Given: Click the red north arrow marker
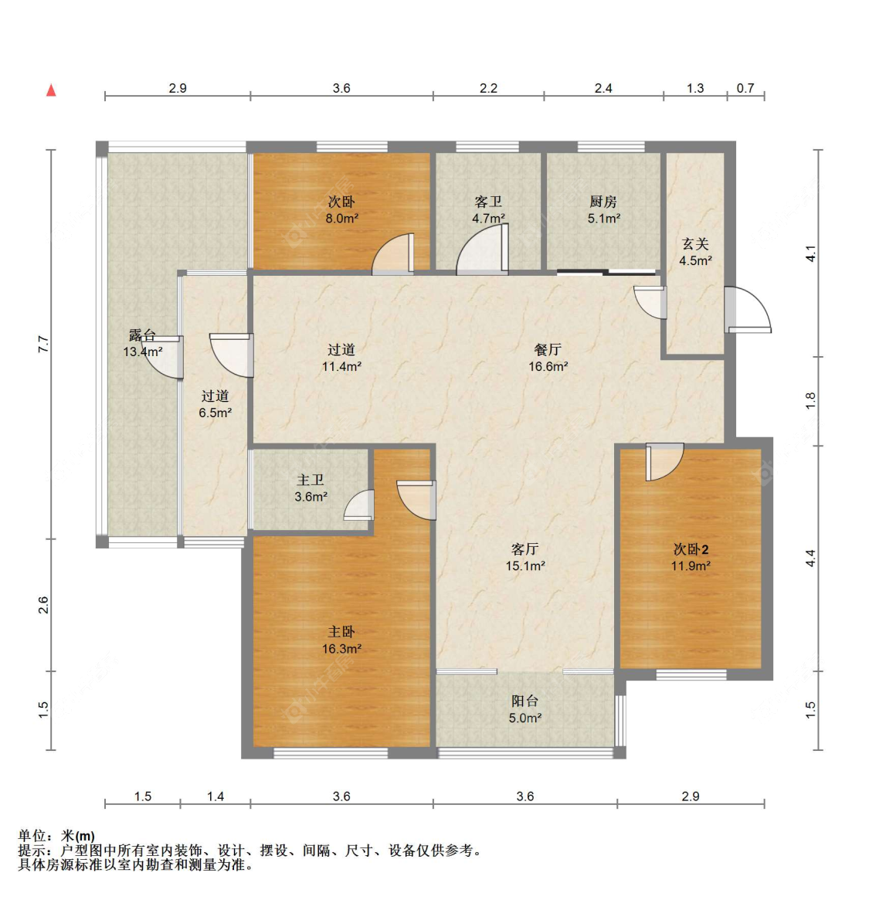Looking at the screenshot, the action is tap(51, 90).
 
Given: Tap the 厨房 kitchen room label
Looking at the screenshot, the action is tap(603, 209).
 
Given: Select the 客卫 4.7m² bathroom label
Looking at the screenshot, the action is tap(488, 209).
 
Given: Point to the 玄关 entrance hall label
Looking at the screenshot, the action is tap(696, 252).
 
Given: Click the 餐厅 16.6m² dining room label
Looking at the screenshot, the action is tap(548, 358).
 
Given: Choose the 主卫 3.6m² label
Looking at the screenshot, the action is tap(311, 488).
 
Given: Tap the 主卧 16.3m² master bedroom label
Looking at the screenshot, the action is tap(341, 640).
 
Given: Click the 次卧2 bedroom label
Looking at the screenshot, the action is tap(691, 557).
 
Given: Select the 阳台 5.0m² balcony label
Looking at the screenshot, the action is tap(525, 709).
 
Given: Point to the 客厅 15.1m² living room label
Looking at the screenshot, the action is tap(524, 557).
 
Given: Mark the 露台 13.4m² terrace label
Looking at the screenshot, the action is tap(142, 343).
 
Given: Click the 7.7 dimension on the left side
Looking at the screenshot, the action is tap(43, 344).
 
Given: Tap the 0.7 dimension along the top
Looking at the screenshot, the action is tap(745, 88).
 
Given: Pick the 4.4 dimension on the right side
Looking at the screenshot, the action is tap(810, 559).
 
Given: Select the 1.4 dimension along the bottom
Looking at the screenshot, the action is tap(216, 796).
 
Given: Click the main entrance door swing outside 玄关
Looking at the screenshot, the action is tap(747, 309).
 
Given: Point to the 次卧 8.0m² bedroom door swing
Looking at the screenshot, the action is tap(393, 253).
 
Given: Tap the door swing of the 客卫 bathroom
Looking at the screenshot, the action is tap(482, 249).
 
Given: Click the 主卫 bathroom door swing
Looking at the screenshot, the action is tap(359, 505).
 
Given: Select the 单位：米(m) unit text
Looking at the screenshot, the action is tap(56, 836).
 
